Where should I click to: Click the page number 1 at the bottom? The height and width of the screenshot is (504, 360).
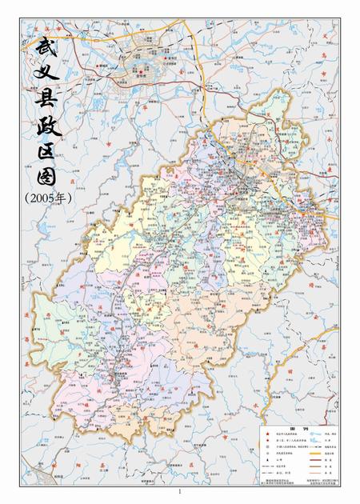[x=180, y=490]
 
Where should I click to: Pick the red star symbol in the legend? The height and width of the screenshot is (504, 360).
[x=265, y=434]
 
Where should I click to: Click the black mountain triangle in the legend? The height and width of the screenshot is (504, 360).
[x=265, y=462]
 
